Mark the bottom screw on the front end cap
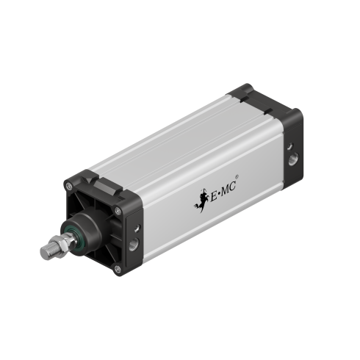[x=118, y=270]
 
